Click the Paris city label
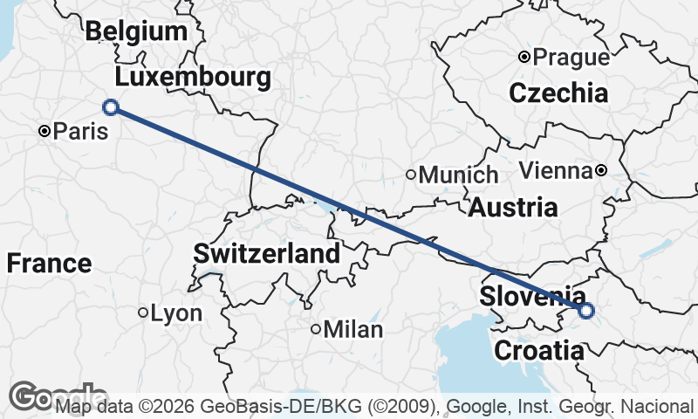coord(81,132)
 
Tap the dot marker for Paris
coord(44,131)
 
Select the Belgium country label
coord(136,32)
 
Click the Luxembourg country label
coord(193,78)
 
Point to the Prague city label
coord(571,58)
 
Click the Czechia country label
coord(558,93)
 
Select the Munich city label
coord(459,175)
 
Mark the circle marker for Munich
coord(411,174)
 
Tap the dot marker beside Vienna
coord(601,170)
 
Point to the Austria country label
coord(513,208)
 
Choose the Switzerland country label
coord(266,255)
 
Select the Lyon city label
coord(176,313)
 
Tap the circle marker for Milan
coord(316,329)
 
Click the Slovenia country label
coord(532,297)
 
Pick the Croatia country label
coord(538,352)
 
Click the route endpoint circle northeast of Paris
coord(111,107)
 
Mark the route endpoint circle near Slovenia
coord(586,310)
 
